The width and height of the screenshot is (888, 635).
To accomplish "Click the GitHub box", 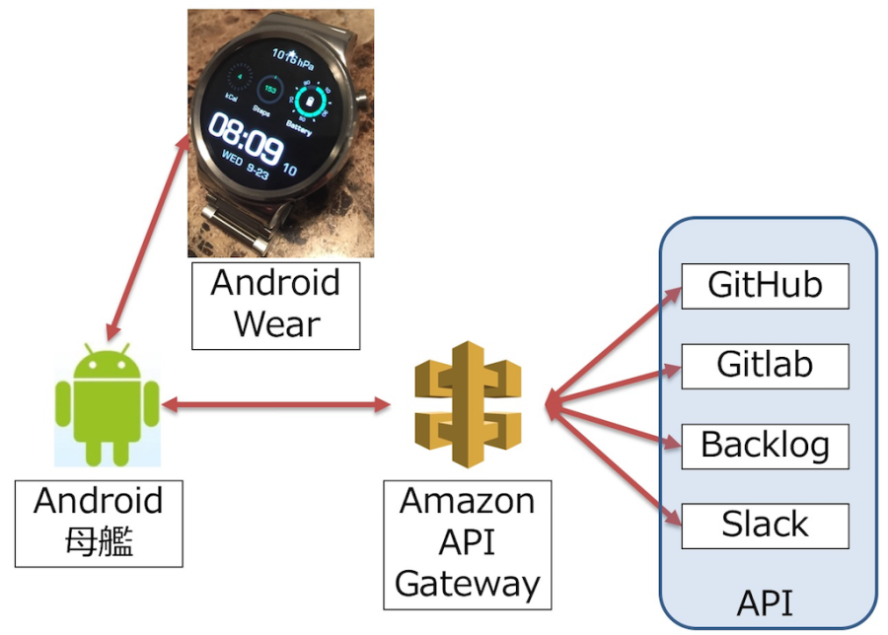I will (765, 286).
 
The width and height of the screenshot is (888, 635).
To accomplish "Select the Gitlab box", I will (765, 365).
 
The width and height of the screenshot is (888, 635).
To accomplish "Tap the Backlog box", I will (765, 445).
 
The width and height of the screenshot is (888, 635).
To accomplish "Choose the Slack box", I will (765, 525).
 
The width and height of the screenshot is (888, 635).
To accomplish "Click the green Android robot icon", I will (107, 404).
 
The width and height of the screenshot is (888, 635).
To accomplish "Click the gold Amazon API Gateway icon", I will (468, 404).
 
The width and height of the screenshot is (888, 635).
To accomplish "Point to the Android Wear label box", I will (275, 305).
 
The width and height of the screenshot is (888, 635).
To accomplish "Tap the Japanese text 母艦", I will (99, 540).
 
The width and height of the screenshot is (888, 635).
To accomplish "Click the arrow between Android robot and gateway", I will (276, 404).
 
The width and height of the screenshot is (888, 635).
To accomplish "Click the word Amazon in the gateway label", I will (468, 501).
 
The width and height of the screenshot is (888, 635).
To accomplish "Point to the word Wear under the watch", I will (275, 324).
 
